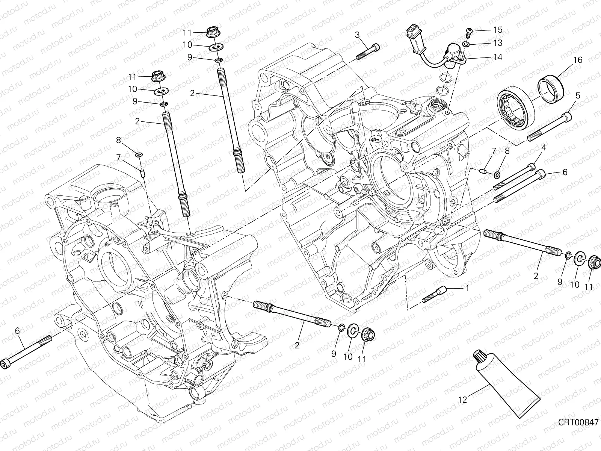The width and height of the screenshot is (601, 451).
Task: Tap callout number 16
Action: (x=578, y=60)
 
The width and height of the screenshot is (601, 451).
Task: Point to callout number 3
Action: (x=357, y=35)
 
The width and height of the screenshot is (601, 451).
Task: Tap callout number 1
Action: (x=467, y=289)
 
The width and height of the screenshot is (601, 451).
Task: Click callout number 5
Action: (x=578, y=96)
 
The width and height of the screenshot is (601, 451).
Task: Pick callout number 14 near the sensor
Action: (x=498, y=57)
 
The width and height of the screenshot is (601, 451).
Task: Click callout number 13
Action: (x=498, y=43)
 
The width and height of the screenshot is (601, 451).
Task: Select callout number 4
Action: (x=553, y=148)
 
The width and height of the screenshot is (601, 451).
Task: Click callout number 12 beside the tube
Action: (x=463, y=400)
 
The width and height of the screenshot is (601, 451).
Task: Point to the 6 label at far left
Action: (x=17, y=331)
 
